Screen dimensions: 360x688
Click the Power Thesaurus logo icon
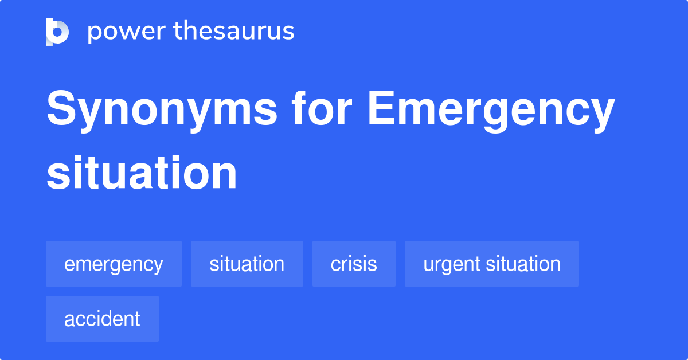pos(57,32)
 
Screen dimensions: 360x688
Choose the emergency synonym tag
pos(114,264)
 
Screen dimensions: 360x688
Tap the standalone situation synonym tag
pos(247,264)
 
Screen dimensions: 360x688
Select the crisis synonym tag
pos(354,264)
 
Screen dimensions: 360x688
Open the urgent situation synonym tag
pos(491,264)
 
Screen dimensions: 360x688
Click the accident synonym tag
pos(102,319)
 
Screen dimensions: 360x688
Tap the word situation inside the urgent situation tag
pos(523,264)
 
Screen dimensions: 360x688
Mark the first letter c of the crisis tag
pos(335,264)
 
